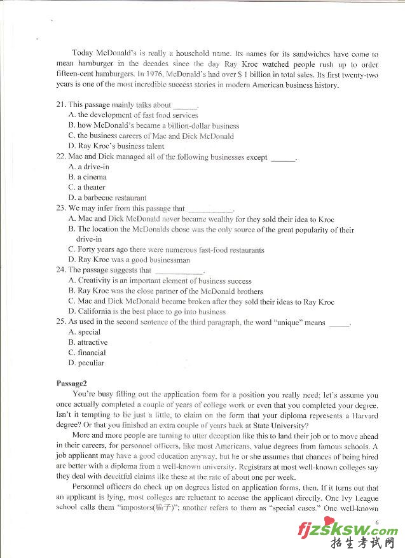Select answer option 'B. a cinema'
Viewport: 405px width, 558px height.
(x=87, y=177)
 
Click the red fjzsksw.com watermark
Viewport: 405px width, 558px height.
(x=347, y=531)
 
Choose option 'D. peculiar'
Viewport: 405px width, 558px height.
(x=86, y=363)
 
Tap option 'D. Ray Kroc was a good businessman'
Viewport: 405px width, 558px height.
(x=129, y=260)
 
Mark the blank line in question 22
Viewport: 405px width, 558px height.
(x=284, y=158)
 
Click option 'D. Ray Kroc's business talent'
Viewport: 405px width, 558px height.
(x=116, y=146)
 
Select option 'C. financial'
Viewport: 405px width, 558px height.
(x=87, y=352)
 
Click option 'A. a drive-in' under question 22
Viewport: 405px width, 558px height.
(x=88, y=167)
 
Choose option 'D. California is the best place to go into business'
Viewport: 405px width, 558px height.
(x=147, y=311)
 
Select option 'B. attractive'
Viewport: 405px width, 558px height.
(x=88, y=342)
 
